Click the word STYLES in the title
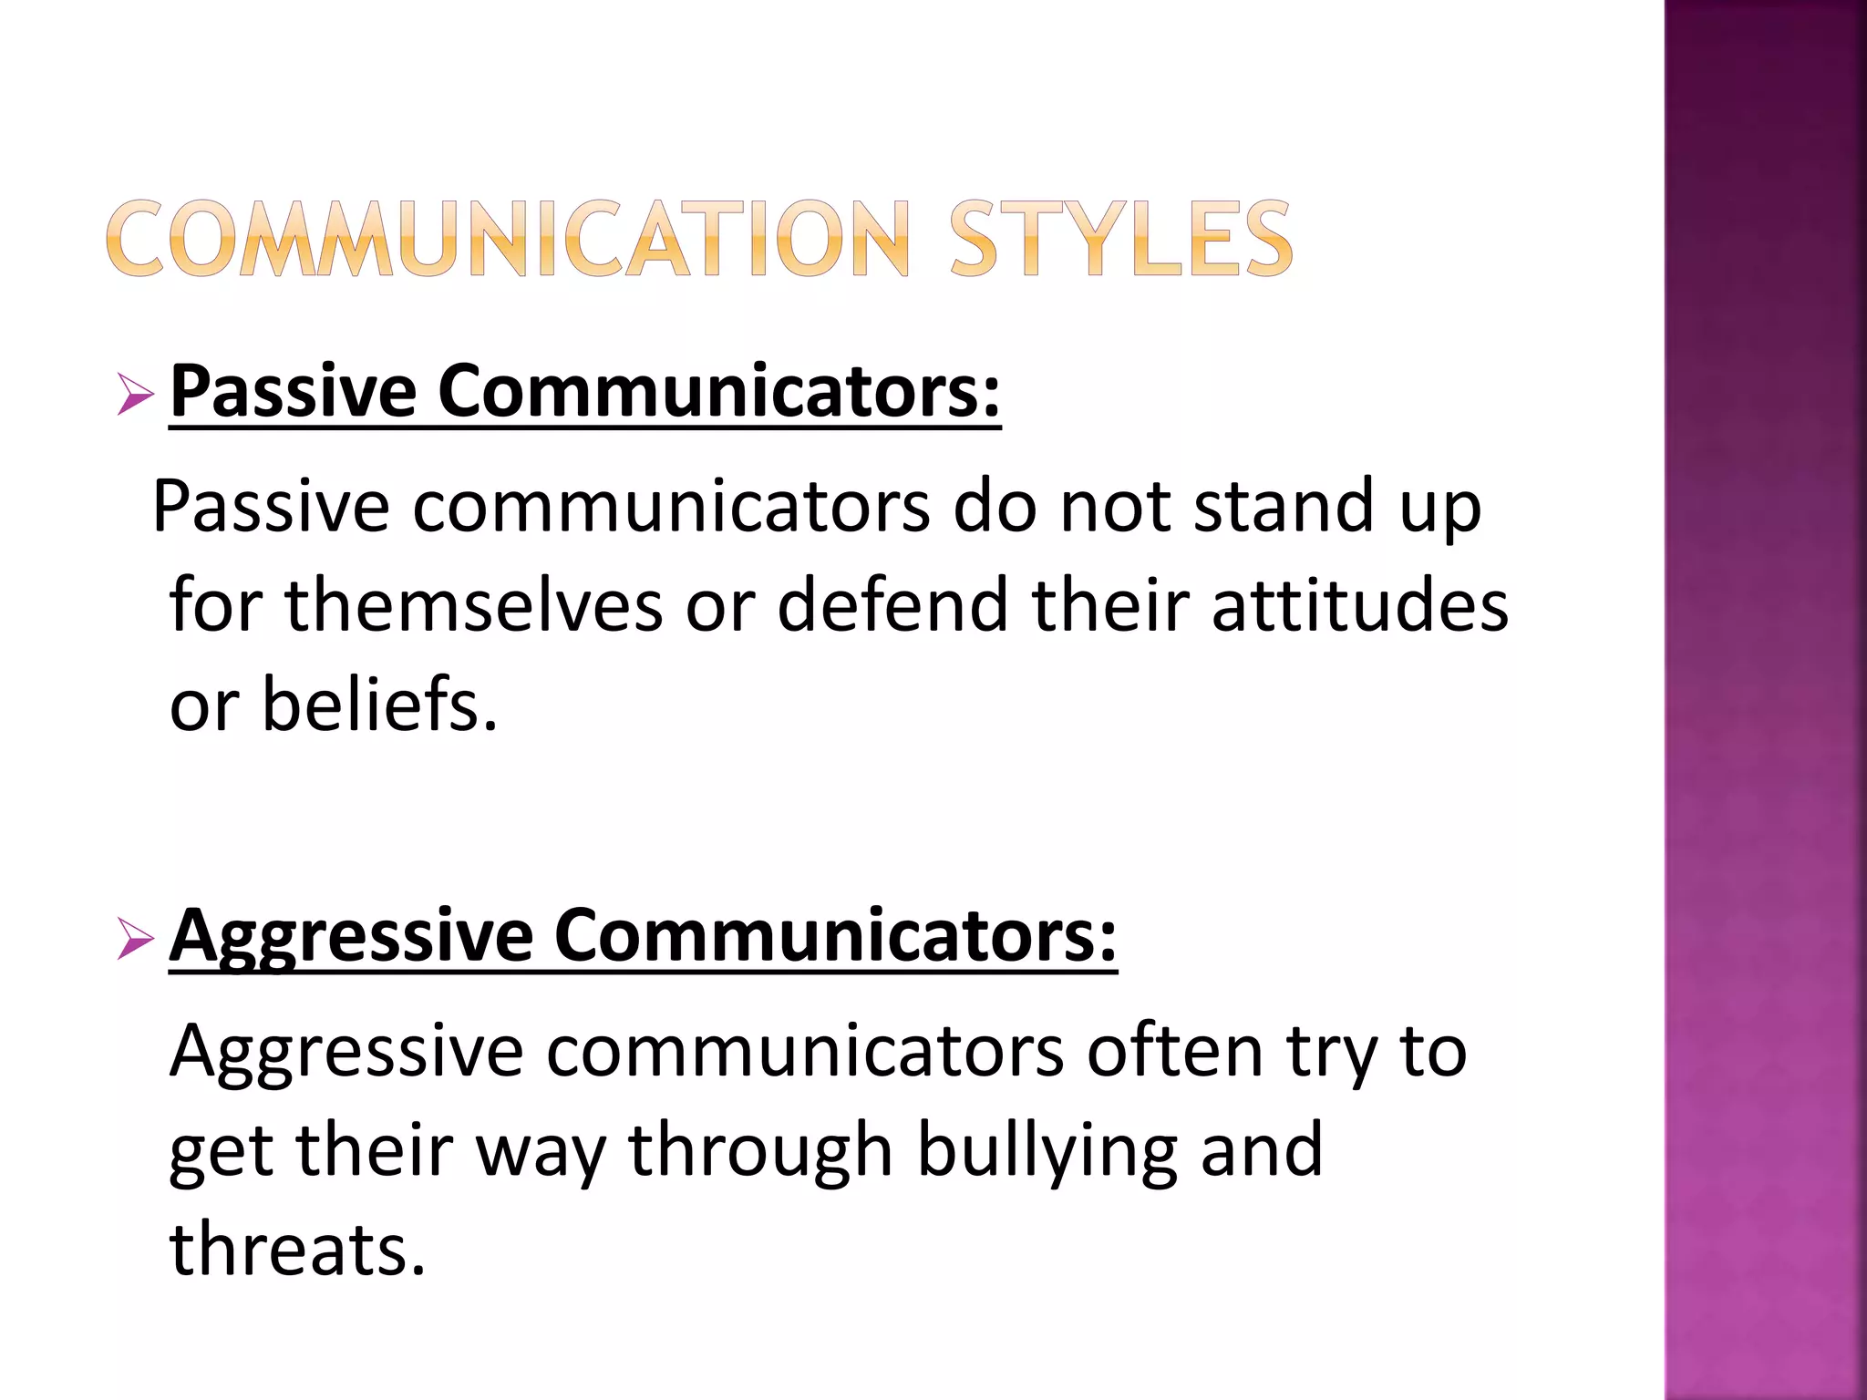1120,240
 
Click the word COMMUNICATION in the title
509,240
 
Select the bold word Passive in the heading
294,392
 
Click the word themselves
474,606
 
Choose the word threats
297,1250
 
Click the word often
1176,1052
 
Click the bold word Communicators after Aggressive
835,937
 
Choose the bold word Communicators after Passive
719,392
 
